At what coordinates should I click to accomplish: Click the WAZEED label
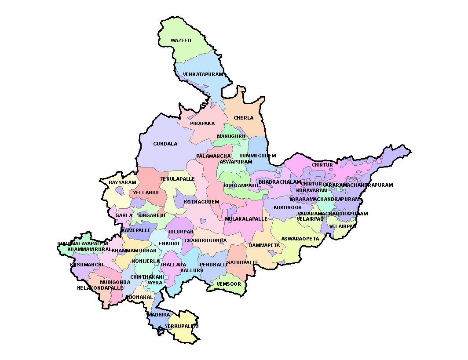click(x=181, y=41)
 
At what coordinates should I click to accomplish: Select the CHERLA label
click(x=244, y=118)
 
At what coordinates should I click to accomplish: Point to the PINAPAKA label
click(x=202, y=124)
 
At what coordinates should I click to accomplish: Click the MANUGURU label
click(x=231, y=137)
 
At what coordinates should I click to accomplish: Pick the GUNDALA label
click(x=165, y=144)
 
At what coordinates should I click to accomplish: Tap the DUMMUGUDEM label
click(x=258, y=156)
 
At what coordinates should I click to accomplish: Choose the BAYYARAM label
click(x=120, y=182)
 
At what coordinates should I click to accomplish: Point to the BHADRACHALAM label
click(x=280, y=182)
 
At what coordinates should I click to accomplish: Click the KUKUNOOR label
click(x=288, y=207)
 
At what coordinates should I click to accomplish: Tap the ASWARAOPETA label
click(x=300, y=239)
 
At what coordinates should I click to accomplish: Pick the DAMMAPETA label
click(x=264, y=245)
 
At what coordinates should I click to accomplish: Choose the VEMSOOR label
click(x=229, y=284)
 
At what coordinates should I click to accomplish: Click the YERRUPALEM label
click(x=182, y=327)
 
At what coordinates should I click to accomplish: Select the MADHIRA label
click(x=158, y=315)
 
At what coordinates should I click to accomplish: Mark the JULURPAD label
click(x=181, y=232)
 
